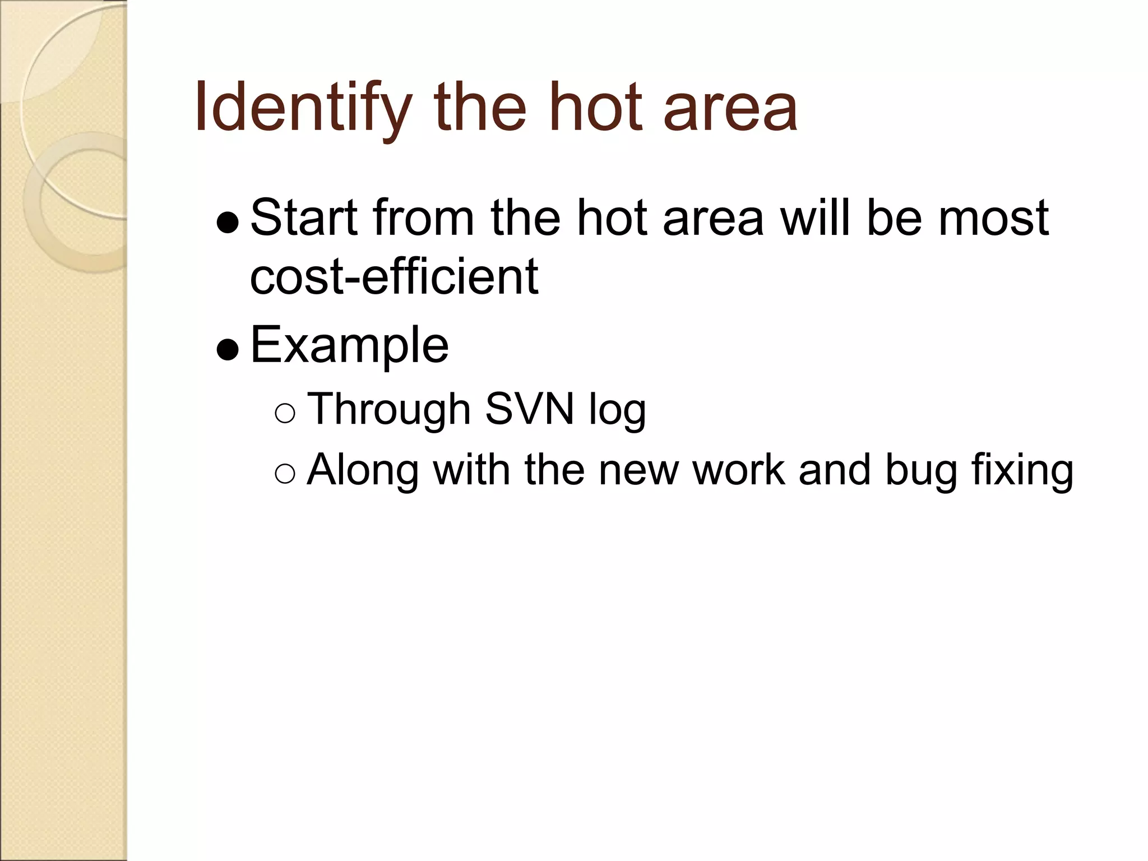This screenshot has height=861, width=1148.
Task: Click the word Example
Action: pyautogui.click(x=349, y=345)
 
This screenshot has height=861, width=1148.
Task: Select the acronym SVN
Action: pyautogui.click(x=530, y=409)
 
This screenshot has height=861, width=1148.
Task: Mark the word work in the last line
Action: pyautogui.click(x=739, y=469)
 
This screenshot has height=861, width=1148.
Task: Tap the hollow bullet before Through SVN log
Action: pyautogui.click(x=285, y=414)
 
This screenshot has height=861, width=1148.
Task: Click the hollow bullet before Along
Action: pyautogui.click(x=285, y=474)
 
